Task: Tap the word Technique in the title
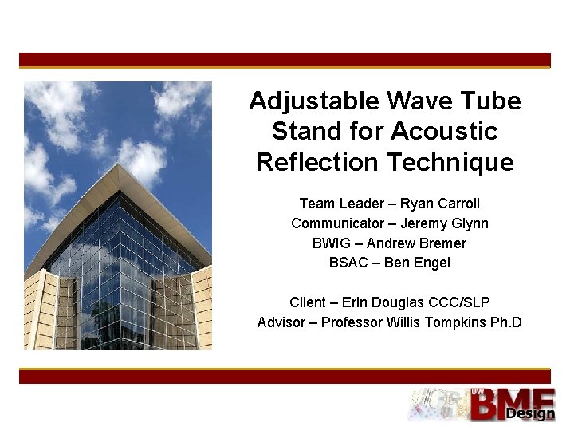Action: (450, 162)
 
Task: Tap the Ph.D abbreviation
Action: (505, 322)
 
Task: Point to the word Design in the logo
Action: (530, 414)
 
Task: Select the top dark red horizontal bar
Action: (285, 60)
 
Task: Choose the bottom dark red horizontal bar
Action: (285, 376)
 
